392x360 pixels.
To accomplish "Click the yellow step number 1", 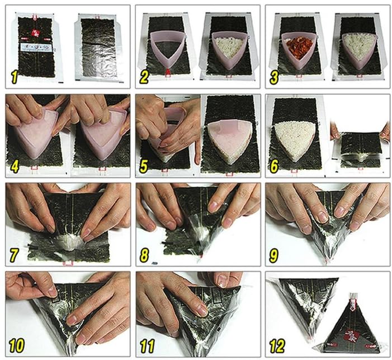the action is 15,77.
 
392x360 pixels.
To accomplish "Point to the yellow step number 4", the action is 15,167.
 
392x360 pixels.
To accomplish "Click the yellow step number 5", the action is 144,167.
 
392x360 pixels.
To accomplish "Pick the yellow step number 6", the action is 274,167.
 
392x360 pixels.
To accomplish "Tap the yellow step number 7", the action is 14,255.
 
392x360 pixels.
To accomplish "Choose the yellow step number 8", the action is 144,255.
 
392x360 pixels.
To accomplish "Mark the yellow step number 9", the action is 274,255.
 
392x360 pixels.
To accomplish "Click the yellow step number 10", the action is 17,345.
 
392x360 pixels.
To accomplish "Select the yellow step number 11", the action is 147,345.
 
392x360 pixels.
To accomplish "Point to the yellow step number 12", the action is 277,345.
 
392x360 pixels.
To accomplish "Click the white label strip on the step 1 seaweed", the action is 37,47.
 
